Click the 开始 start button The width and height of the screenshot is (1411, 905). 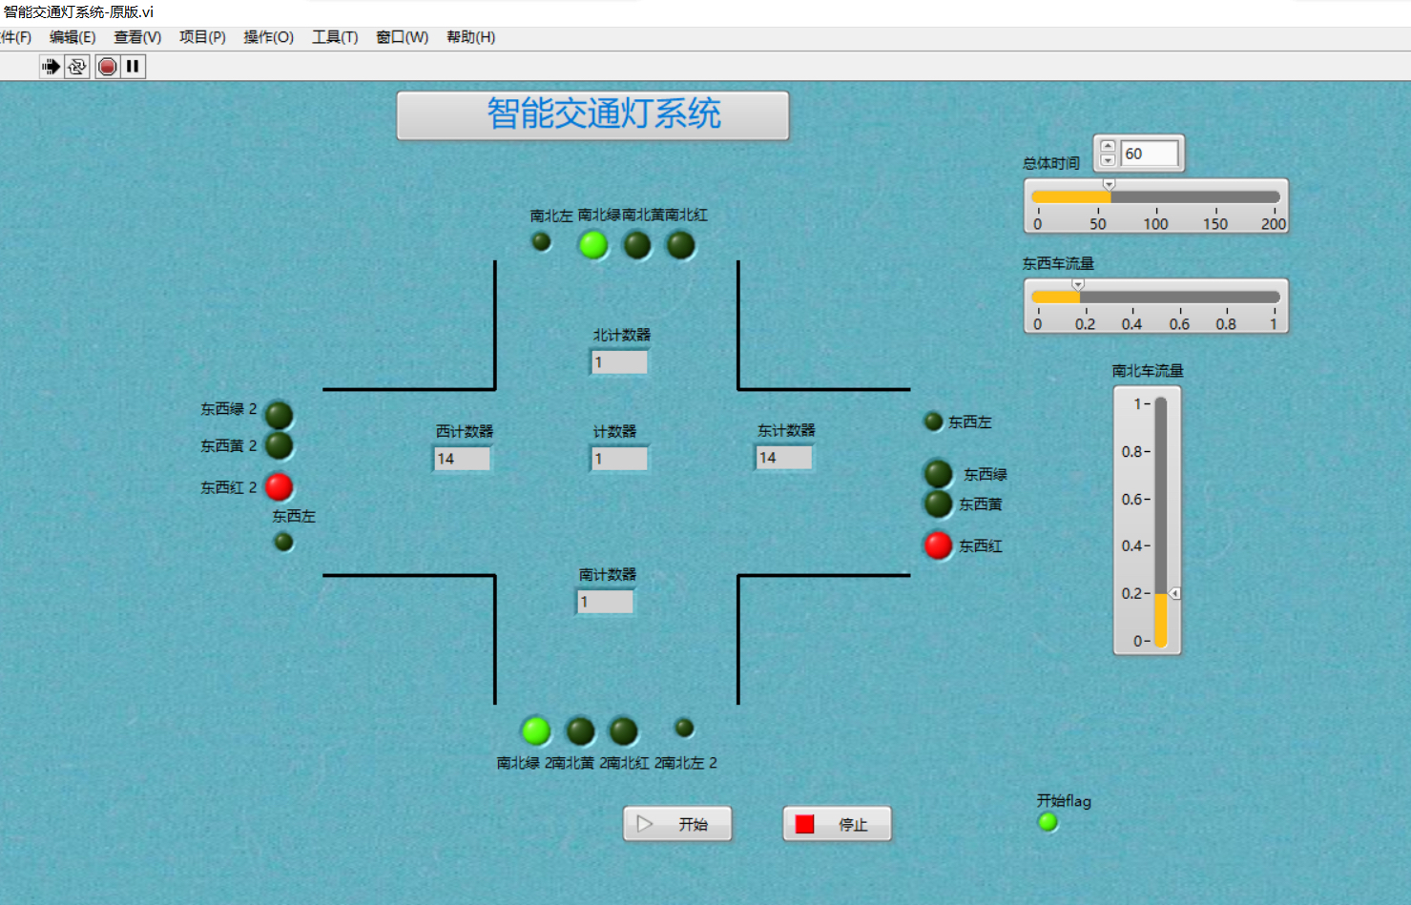pyautogui.click(x=677, y=824)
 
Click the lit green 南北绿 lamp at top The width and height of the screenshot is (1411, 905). pyautogui.click(x=593, y=245)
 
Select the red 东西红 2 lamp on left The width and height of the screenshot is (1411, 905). pyautogui.click(x=279, y=486)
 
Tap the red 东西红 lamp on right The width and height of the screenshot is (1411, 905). pyautogui.click(x=938, y=545)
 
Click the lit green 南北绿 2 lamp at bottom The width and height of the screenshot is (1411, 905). pyautogui.click(x=536, y=731)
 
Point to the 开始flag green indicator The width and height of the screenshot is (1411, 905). pyautogui.click(x=1048, y=822)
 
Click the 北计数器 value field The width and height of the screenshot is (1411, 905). pyautogui.click(x=619, y=362)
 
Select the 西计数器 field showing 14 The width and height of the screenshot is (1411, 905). pyautogui.click(x=463, y=459)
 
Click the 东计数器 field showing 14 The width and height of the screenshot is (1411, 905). pyautogui.click(x=784, y=458)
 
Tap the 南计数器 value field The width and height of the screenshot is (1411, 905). pyautogui.click(x=605, y=602)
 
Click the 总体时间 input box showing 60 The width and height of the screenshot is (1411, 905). pyautogui.click(x=1149, y=154)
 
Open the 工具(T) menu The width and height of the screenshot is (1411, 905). pyautogui.click(x=335, y=37)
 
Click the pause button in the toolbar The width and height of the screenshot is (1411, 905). pyautogui.click(x=133, y=66)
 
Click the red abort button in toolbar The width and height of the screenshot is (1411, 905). pyautogui.click(x=108, y=66)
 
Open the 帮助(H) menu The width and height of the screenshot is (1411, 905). pyautogui.click(x=470, y=37)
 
